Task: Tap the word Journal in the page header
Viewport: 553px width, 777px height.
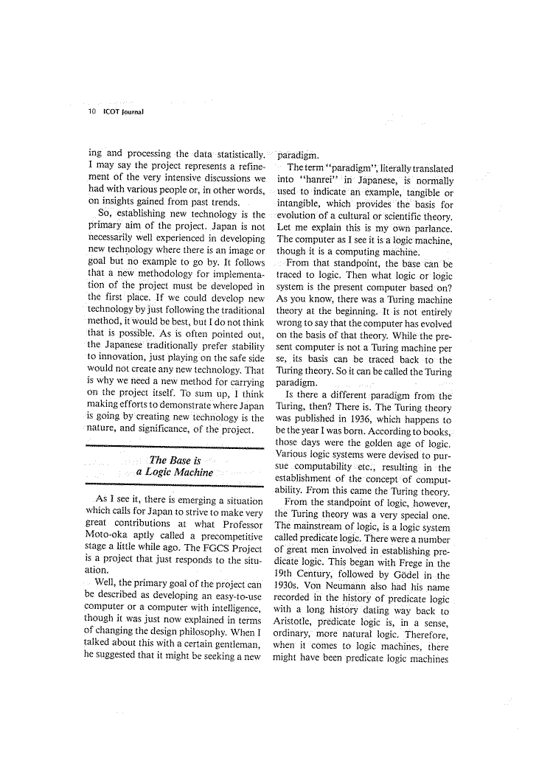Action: [x=130, y=112]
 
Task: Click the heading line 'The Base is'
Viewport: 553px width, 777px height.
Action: [x=171, y=461]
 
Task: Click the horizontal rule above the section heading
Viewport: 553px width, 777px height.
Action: [x=174, y=446]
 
